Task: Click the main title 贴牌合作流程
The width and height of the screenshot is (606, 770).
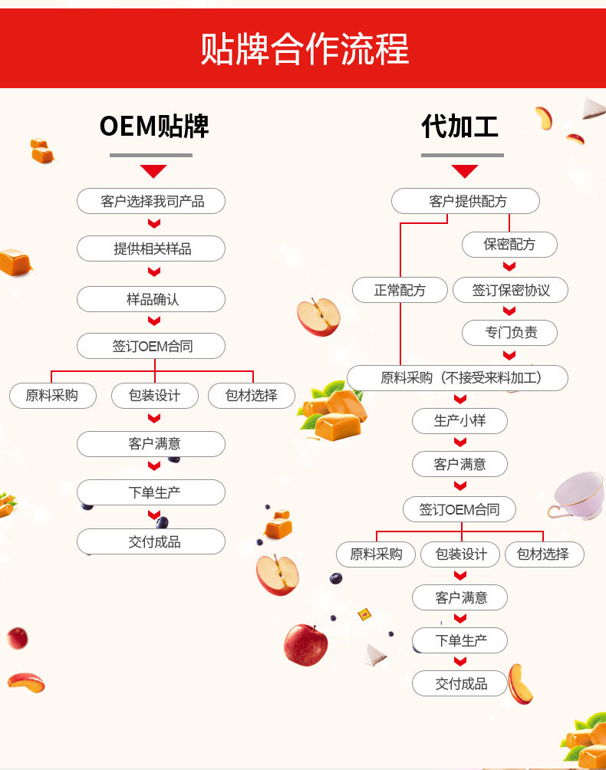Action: point(305,49)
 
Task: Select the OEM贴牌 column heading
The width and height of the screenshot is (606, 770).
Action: point(153,126)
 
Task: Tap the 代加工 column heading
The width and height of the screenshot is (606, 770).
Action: point(460,126)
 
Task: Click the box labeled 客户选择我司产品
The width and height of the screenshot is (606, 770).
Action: point(152,201)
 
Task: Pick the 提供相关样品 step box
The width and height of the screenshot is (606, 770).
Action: point(152,248)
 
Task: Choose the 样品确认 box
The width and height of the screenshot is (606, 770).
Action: point(152,299)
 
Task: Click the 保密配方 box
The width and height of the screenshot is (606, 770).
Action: point(509,245)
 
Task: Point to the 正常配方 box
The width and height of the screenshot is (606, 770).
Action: point(400,290)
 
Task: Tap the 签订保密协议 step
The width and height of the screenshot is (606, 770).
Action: point(510,290)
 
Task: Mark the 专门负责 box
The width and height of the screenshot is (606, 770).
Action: point(510,332)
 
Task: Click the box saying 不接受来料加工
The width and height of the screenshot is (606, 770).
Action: point(458,378)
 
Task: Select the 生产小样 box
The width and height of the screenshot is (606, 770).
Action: point(459,420)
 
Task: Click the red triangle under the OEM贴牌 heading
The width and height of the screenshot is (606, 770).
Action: point(153,171)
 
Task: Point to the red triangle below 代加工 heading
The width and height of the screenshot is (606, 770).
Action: point(464,171)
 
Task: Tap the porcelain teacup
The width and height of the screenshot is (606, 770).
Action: point(577,494)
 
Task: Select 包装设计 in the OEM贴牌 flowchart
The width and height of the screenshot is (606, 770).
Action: point(154,396)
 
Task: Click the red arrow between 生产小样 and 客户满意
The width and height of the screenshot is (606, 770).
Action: point(460,443)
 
